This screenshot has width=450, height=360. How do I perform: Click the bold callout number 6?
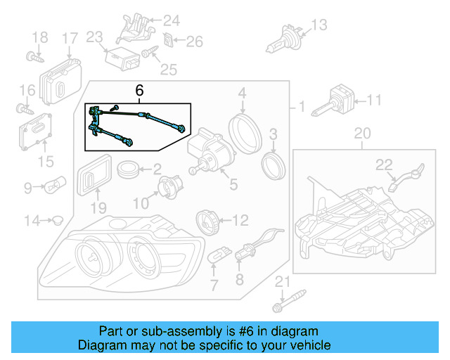click(x=139, y=91)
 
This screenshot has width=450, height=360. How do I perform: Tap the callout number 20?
click(x=361, y=133)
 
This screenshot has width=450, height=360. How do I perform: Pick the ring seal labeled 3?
click(x=273, y=165)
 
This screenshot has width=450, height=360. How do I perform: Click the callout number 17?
click(x=70, y=37)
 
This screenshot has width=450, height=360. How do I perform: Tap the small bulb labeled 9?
click(x=56, y=188)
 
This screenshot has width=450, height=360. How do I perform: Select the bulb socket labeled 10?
click(x=169, y=188)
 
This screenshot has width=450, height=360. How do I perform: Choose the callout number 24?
click(x=172, y=20)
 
